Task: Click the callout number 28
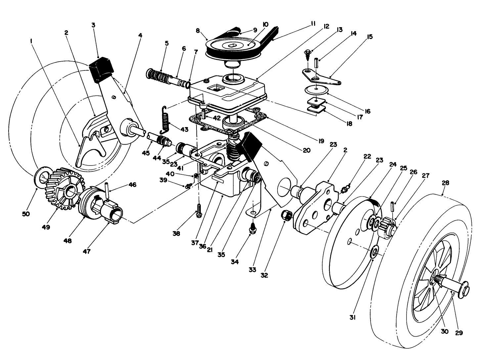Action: [445, 182]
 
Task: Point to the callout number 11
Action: [313, 23]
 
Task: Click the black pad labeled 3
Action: [102, 68]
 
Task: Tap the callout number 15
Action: [370, 36]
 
